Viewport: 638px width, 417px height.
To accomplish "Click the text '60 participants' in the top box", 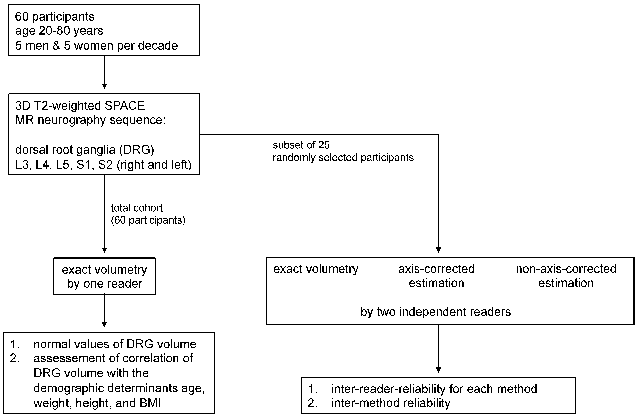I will (55, 17).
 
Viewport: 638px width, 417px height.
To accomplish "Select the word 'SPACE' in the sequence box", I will (125, 106).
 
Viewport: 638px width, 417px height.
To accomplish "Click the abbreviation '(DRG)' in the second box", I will (137, 150).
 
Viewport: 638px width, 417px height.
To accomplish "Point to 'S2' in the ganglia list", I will (105, 165).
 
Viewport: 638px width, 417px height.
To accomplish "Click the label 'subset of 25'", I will (301, 145).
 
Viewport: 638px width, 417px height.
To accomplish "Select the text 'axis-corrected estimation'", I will (436, 276).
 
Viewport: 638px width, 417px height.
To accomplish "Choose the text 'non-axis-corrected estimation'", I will (566, 276).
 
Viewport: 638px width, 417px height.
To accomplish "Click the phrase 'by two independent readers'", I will (436, 312).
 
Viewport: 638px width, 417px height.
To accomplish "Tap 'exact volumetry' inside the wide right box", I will (315, 269).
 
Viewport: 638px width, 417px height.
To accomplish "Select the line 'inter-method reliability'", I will (391, 403).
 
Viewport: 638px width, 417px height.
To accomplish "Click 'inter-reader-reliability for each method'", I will (434, 389).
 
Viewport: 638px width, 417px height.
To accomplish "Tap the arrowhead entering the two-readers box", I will (438, 250).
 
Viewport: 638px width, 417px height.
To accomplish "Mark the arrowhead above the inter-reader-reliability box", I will (438, 370).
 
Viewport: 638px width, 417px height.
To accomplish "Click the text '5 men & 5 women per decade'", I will (97, 46).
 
